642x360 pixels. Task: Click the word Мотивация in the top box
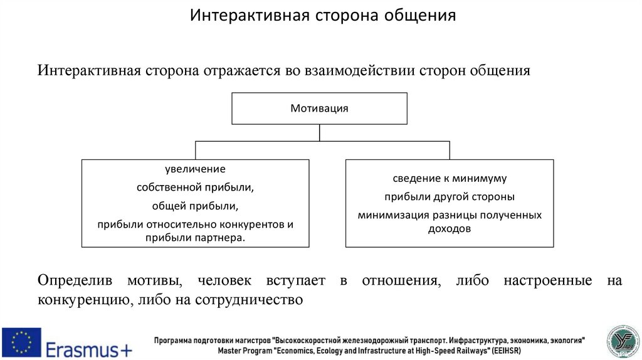pos(319,108)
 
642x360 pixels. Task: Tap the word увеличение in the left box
pos(195,169)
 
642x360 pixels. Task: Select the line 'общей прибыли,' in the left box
pos(195,206)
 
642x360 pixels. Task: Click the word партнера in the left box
pos(219,238)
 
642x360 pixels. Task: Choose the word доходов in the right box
pos(449,229)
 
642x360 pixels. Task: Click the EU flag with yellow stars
pos(21,342)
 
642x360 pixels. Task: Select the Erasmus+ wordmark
pos(88,343)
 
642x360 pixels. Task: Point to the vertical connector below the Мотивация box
pos(320,132)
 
